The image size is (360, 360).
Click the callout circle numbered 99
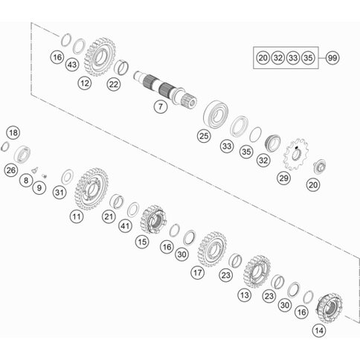[332, 58]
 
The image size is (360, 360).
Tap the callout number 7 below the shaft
[161, 106]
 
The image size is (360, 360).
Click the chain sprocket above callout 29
[297, 155]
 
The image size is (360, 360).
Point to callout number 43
[72, 65]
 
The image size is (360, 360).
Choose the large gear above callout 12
[100, 57]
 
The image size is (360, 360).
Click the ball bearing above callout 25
[216, 115]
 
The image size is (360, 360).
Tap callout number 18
[13, 132]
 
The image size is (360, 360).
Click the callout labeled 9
[39, 188]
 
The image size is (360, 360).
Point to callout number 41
[125, 226]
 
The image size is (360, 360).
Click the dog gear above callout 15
[153, 219]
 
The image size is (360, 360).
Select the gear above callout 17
[213, 249]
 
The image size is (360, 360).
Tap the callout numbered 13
[244, 295]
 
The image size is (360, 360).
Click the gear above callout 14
[330, 308]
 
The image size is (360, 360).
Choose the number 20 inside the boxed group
[263, 58]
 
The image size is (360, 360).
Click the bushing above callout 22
[121, 67]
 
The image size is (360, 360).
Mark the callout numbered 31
[60, 193]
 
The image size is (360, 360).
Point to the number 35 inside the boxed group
[308, 58]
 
